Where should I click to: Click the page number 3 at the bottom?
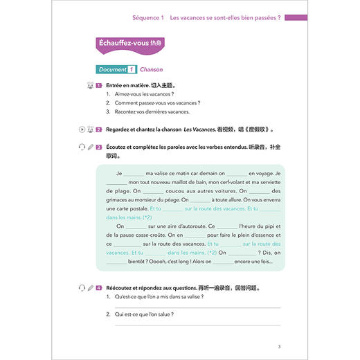click(x=278, y=346)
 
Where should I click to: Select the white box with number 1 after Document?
click(x=131, y=70)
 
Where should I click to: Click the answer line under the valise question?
click(x=197, y=306)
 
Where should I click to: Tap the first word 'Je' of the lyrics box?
click(x=118, y=172)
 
